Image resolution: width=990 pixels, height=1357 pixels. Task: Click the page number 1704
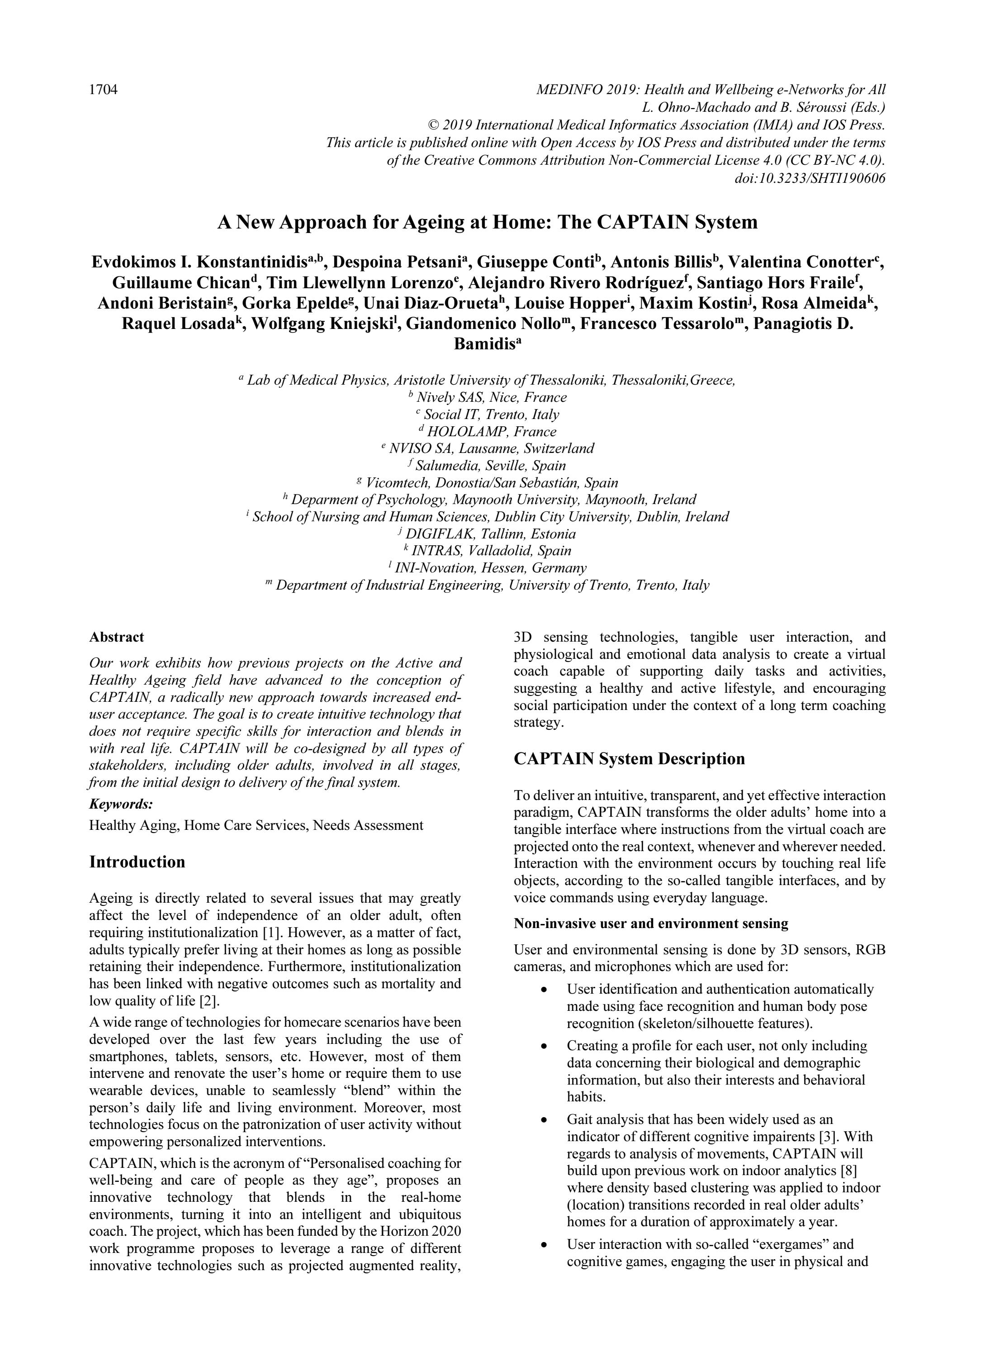(103, 90)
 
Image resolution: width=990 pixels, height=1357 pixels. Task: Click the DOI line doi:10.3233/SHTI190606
(809, 178)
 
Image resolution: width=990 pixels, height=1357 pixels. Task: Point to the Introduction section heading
(137, 862)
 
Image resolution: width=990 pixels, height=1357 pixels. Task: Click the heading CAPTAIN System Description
(629, 759)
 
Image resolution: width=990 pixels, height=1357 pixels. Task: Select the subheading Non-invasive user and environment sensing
(651, 924)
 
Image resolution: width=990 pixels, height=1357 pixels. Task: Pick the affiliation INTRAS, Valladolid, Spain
(491, 551)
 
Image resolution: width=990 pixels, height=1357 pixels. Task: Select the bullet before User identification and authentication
(544, 990)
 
